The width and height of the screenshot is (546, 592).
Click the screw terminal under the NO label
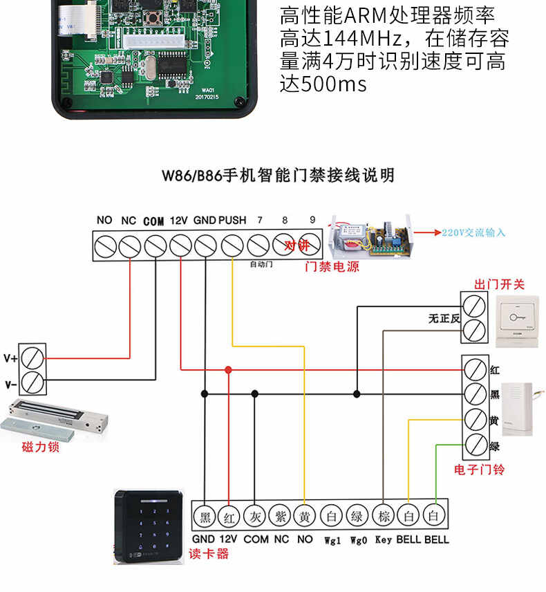click(105, 245)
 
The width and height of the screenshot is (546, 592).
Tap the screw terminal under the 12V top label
click(180, 245)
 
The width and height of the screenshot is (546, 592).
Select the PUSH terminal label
click(232, 220)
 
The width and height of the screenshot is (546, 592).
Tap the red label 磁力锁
click(40, 447)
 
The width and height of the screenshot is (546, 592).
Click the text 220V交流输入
click(474, 232)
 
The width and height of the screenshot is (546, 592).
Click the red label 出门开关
click(499, 284)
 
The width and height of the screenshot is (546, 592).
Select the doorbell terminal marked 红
click(474, 369)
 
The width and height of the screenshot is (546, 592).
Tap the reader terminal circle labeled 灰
click(255, 516)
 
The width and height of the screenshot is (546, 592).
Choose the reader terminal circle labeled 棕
click(383, 516)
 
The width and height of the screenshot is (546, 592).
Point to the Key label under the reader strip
click(384, 539)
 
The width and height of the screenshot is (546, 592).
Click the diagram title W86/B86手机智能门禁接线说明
click(278, 176)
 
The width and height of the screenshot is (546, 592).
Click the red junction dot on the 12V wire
click(229, 370)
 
